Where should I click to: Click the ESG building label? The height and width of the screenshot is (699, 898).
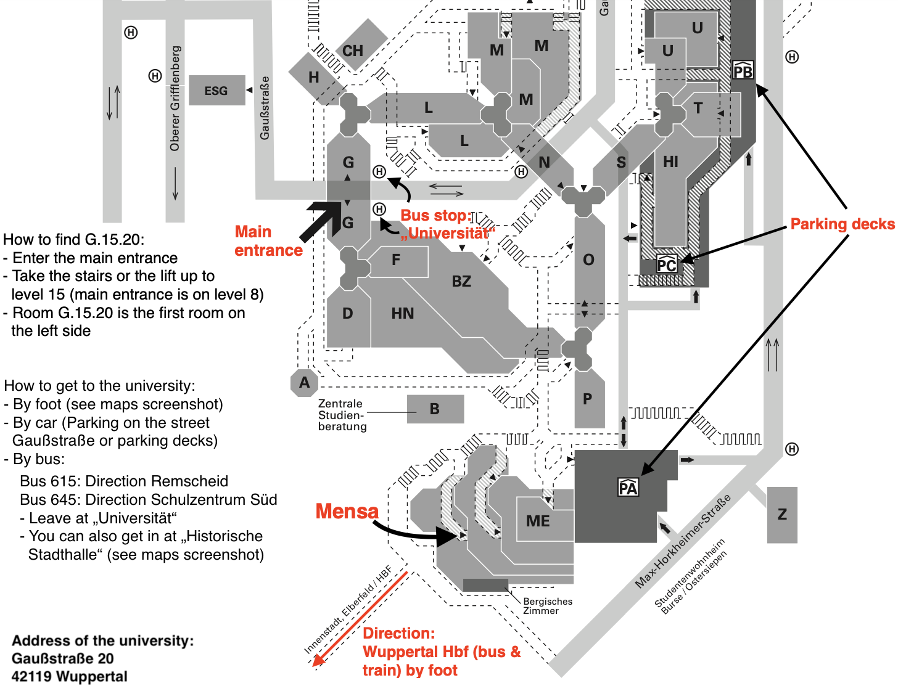pos(216,91)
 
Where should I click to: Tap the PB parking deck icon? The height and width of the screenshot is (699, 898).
pos(743,71)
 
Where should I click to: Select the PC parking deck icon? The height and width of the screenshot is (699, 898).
pos(667,264)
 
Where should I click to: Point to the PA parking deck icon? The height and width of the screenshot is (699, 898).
pos(628,488)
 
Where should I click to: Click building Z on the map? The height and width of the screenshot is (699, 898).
pos(782,515)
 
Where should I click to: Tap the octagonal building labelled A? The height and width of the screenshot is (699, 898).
pos(304,383)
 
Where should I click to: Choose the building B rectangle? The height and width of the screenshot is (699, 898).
pos(435,409)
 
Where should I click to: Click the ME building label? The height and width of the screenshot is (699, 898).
pos(538,521)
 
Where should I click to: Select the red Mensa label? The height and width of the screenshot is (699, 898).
pos(347,511)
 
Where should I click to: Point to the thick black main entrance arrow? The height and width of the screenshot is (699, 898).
pos(321,221)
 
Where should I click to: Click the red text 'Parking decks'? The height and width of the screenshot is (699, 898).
pos(842,224)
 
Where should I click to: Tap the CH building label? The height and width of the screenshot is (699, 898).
pos(353,51)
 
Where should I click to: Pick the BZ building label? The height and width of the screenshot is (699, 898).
pos(461,282)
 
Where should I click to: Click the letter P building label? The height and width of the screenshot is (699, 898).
pos(587,399)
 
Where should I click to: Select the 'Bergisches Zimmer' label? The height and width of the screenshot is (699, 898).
pos(548,606)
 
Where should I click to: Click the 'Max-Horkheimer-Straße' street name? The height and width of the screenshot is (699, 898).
pos(683,541)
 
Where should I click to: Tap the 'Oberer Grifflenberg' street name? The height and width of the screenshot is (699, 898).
pos(175,99)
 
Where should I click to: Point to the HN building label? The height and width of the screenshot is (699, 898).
pos(403,314)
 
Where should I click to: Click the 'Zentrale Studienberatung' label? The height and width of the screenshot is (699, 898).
pos(342,415)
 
